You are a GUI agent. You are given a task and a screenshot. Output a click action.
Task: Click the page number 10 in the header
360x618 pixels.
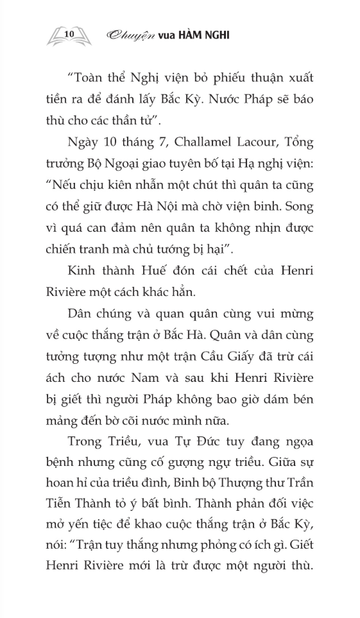[x=71, y=31]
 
